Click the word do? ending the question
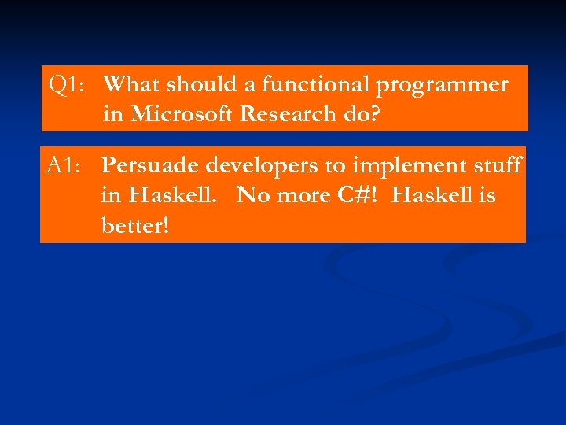point(361,115)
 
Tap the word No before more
point(252,195)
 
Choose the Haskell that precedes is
point(433,195)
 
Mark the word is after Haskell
point(488,195)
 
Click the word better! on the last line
point(134,225)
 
